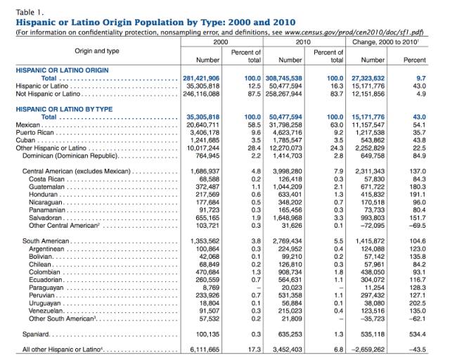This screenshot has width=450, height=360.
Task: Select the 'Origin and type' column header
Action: (98, 51)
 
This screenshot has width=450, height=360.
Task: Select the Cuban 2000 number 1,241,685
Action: (204, 140)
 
